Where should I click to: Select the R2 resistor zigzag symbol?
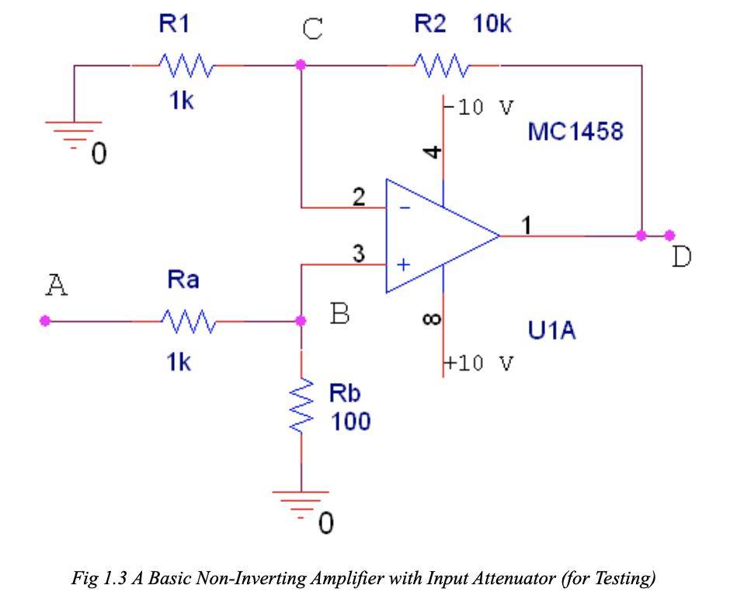[x=441, y=66]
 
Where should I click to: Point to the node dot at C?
[x=301, y=65]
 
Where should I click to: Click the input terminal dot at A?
[x=45, y=320]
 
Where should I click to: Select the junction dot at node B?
[x=301, y=320]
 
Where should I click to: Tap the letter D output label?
[x=681, y=257]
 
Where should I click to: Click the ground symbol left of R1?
[x=75, y=131]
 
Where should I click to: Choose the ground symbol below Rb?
[x=301, y=500]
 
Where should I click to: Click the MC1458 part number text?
[x=575, y=131]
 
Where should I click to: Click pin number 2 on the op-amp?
[x=358, y=197]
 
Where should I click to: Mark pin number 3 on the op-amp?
[x=358, y=253]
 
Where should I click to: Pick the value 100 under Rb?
[x=351, y=422]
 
